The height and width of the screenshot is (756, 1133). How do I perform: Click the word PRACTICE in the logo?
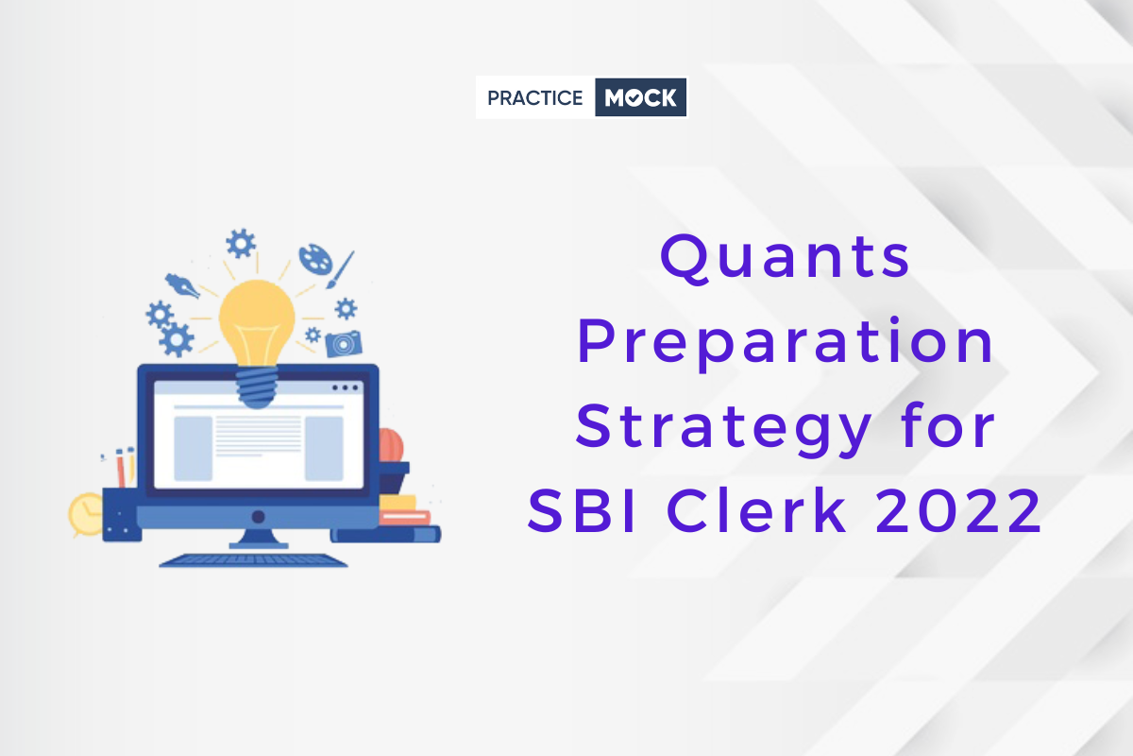coord(534,97)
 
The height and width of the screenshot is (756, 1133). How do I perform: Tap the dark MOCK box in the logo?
coord(640,97)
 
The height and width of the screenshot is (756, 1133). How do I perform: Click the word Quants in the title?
coord(785,257)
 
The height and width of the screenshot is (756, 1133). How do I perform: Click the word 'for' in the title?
coord(947,424)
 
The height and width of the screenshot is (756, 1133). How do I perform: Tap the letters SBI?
coord(581,510)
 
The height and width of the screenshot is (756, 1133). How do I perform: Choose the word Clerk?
coord(756,509)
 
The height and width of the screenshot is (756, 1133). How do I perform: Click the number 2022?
coord(957,510)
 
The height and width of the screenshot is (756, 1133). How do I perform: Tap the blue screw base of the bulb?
coord(257,387)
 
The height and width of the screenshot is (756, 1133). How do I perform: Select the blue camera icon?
coord(344,344)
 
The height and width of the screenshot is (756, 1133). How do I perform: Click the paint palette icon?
coord(315,259)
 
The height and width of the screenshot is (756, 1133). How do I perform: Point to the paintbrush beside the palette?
coord(340,270)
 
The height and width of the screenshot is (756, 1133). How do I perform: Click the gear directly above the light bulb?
coord(241,244)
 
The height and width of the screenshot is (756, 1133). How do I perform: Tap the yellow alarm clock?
coord(86,514)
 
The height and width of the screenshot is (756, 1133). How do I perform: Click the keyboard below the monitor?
coord(253,560)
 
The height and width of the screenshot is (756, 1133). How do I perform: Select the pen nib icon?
coord(182,286)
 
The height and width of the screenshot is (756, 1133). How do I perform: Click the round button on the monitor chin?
coord(259,517)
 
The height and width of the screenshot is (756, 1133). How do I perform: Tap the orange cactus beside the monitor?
coord(392,446)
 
